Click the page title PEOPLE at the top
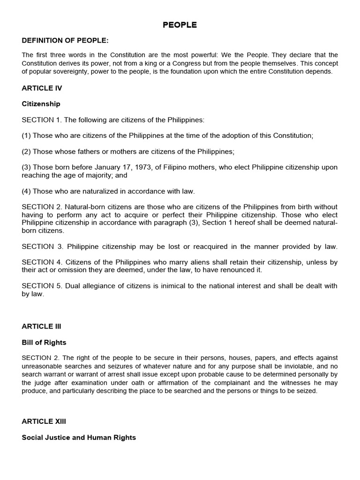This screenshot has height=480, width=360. (180, 25)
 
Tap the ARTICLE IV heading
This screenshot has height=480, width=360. (42, 88)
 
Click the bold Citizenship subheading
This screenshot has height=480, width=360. (41, 104)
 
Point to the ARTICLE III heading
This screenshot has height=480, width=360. (41, 326)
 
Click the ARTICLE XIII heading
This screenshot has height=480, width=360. (43, 421)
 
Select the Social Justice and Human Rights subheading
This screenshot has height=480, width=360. (79, 437)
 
